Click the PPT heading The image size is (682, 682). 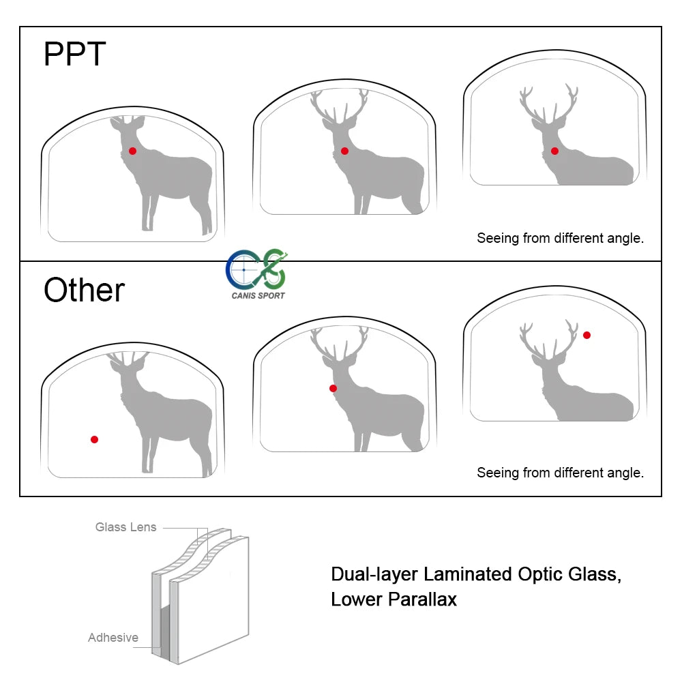coord(74,54)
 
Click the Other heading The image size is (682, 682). coord(84,291)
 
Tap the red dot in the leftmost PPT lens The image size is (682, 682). coord(132,151)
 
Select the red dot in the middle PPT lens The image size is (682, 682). coord(344,151)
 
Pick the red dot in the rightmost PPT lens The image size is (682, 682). coord(554,151)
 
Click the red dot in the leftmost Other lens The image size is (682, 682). coord(94,439)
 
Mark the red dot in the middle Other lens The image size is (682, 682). coord(333,389)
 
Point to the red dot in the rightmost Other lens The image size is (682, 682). coord(587,335)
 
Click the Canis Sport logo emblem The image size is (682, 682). coord(256,269)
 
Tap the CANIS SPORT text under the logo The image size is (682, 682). coord(258,296)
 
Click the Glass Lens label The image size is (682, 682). coord(125,527)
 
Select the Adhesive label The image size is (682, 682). coord(113,638)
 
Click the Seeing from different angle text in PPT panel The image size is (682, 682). coord(560,238)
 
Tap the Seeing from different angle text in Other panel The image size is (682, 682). coord(560,473)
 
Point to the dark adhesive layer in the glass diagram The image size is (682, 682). coord(164,627)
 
